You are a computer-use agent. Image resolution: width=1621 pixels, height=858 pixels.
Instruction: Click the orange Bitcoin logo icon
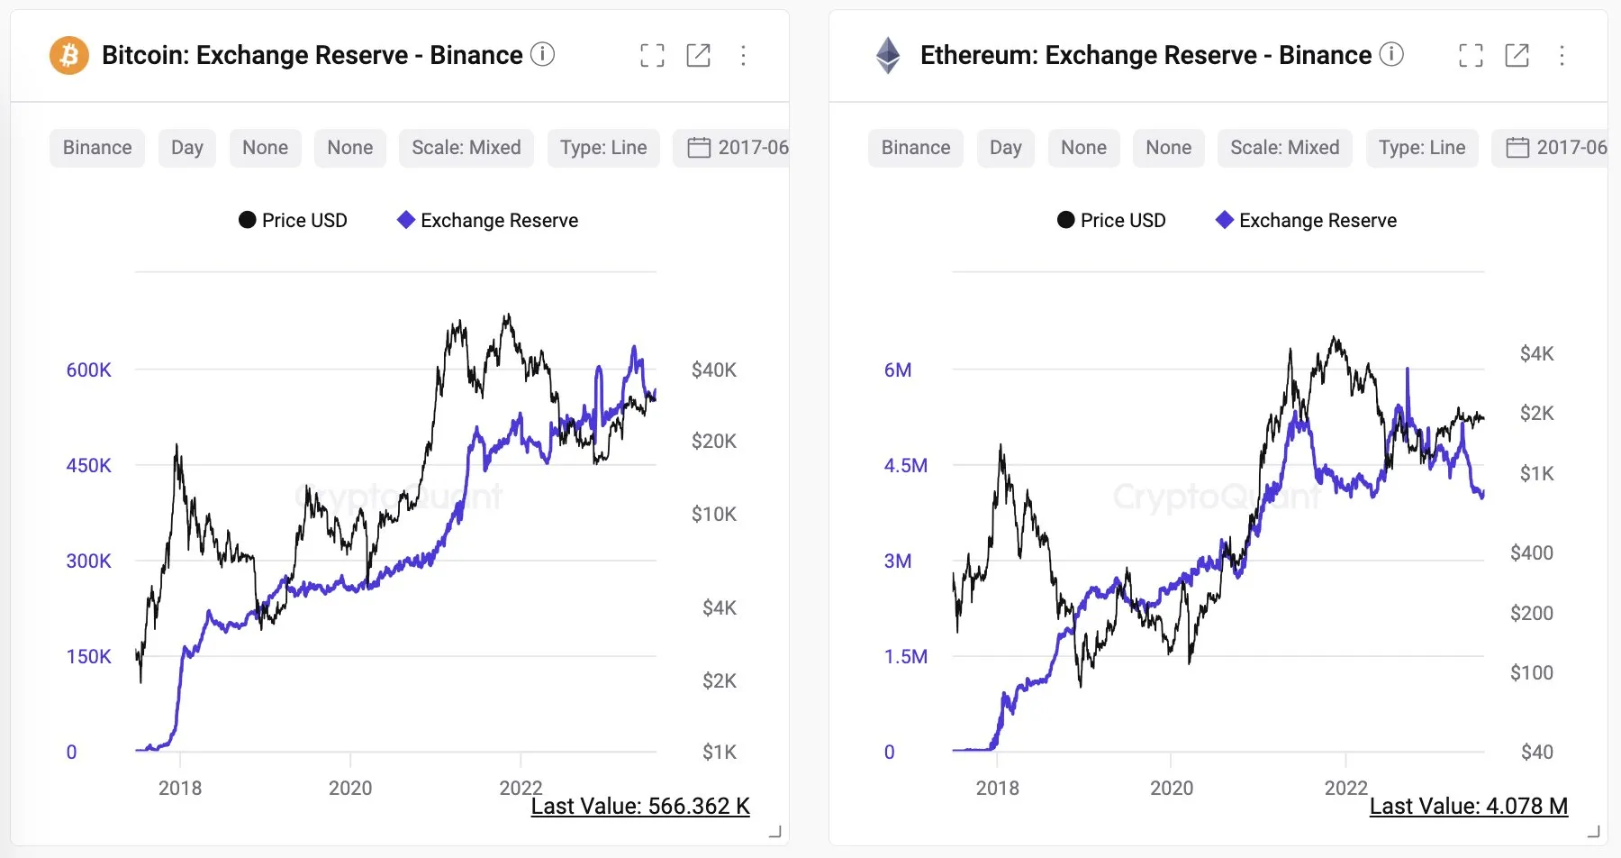tap(68, 56)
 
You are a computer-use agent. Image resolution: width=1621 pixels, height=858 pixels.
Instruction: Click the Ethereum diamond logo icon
tap(888, 56)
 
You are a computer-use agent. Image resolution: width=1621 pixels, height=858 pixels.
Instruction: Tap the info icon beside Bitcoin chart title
tap(542, 55)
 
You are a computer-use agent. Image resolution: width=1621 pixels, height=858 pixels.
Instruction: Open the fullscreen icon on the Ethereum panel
tap(1471, 56)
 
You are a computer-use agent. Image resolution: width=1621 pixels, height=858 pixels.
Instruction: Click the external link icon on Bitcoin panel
tap(698, 56)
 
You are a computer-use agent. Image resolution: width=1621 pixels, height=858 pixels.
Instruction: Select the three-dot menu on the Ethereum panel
tap(1562, 56)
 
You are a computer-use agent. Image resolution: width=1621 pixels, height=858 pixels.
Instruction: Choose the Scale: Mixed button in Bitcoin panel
tap(466, 148)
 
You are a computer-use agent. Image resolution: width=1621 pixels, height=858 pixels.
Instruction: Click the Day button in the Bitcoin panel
tap(186, 148)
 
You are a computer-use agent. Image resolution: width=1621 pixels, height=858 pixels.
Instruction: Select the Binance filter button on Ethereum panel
tap(915, 148)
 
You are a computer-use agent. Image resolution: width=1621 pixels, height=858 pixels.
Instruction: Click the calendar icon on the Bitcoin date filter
tap(699, 148)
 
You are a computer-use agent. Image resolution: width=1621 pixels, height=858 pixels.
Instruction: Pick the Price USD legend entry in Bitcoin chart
tap(293, 221)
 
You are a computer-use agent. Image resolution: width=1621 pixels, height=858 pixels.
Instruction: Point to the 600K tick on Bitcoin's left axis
tap(88, 370)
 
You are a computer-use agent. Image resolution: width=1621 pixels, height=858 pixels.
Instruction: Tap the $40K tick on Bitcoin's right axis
tap(713, 370)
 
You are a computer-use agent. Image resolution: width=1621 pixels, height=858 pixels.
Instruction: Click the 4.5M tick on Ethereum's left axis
tap(905, 465)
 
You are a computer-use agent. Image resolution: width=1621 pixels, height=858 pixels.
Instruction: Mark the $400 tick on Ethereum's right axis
tap(1531, 552)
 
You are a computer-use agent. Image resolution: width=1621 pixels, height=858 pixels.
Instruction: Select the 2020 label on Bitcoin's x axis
tap(349, 788)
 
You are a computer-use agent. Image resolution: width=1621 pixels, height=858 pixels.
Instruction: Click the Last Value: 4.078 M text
tap(1468, 806)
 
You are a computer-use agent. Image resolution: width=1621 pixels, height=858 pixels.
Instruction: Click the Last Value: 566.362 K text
tap(639, 806)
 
